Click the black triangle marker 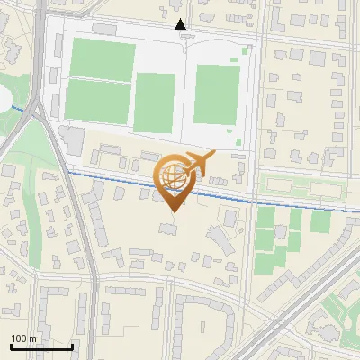pyautogui.click(x=181, y=24)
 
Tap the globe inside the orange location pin pyautogui.click(x=173, y=175)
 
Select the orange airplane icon pyautogui.click(x=200, y=163)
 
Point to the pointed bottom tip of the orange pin pyautogui.click(x=174, y=210)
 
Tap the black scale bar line pyautogui.click(x=41, y=346)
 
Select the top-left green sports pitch pyautogui.click(x=102, y=58)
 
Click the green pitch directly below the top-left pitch pyautogui.click(x=96, y=100)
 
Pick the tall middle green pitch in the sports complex pyautogui.click(x=154, y=102)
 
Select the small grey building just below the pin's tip pyautogui.click(x=168, y=230)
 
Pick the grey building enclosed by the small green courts pyautogui.click(x=280, y=229)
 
